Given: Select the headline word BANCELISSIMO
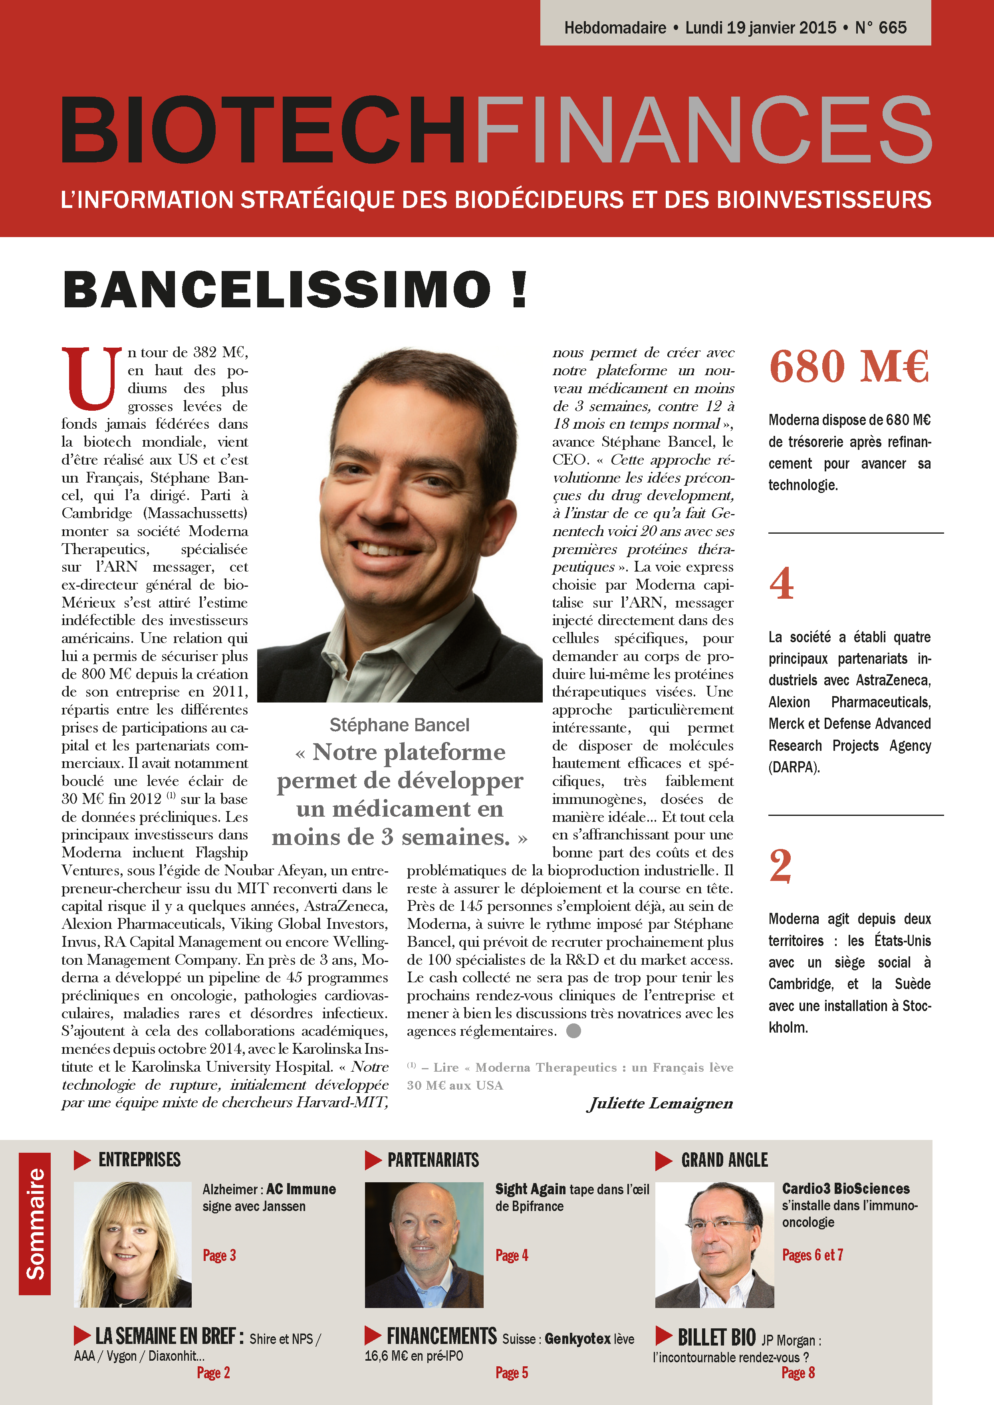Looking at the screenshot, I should click(277, 289).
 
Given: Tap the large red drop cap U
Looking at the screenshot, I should click(91, 378).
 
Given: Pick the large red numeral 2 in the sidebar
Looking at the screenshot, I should click(780, 865).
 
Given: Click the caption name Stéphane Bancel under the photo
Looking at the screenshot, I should click(399, 725).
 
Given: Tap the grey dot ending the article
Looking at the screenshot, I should click(573, 1031).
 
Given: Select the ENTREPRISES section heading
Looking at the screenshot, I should click(139, 1160).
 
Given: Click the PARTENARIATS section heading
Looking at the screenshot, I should click(433, 1160).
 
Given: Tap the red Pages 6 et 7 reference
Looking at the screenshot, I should click(812, 1255).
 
